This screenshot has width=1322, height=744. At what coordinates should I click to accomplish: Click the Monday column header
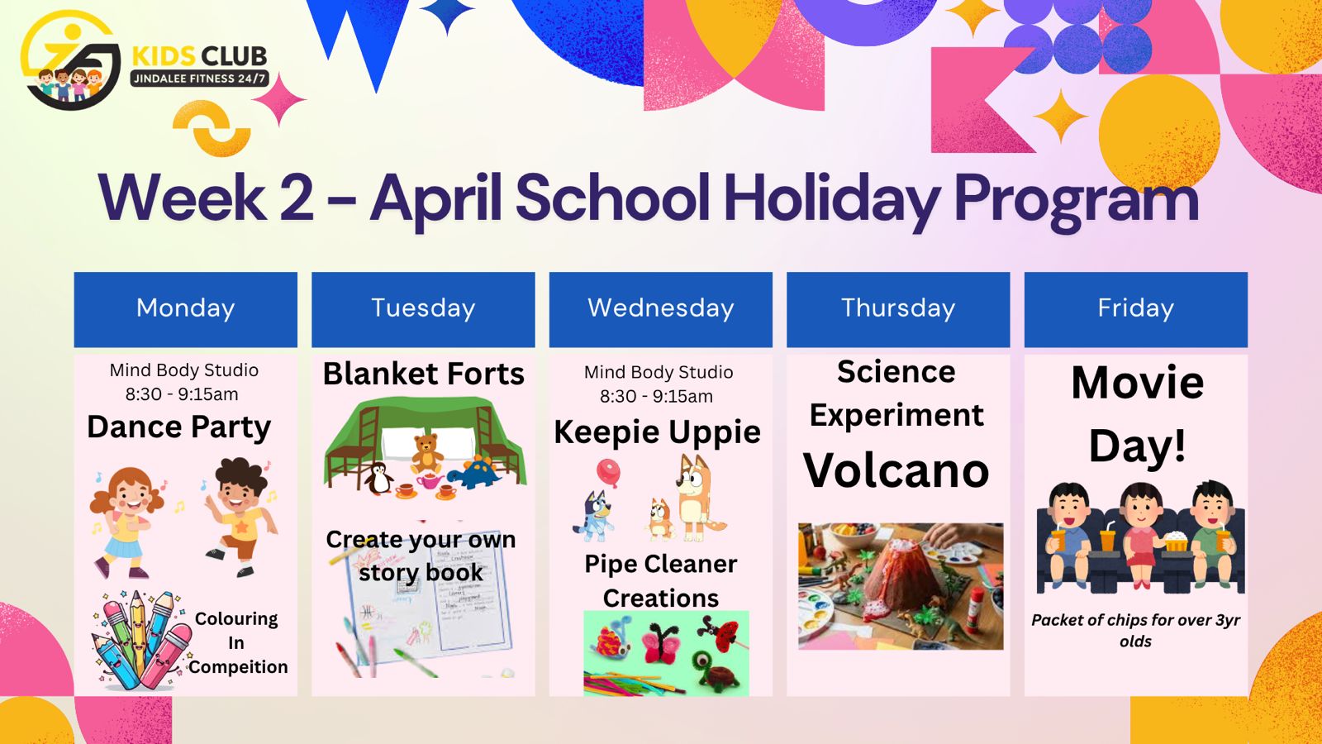tap(185, 309)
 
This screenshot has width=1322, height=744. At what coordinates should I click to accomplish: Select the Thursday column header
tap(898, 309)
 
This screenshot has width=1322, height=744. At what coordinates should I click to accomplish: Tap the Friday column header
tap(1136, 309)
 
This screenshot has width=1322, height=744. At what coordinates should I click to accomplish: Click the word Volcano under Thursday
tap(896, 471)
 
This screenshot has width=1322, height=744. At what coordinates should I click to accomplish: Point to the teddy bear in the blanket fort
tap(426, 454)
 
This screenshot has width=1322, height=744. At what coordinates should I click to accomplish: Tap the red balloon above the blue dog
tap(608, 472)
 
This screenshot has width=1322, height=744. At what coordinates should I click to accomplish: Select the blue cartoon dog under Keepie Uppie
tap(594, 516)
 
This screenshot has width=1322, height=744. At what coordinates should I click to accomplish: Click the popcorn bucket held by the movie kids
tap(1177, 541)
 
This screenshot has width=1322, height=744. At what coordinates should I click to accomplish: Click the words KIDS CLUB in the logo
tap(199, 56)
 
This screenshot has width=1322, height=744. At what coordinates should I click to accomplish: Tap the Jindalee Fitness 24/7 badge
tap(199, 79)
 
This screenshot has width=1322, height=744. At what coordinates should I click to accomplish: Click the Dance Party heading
tap(178, 427)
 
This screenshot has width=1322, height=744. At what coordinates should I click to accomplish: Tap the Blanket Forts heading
tap(423, 374)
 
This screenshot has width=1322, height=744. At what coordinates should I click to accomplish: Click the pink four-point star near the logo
tap(279, 99)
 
